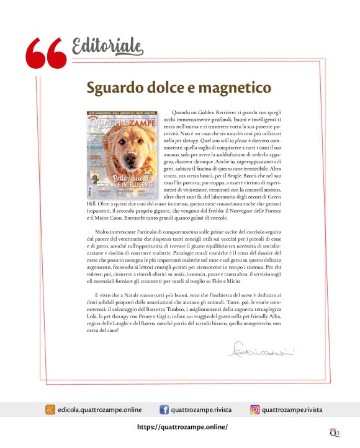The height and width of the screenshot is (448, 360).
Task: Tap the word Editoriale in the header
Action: click(107, 45)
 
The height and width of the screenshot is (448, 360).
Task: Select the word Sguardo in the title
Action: click(114, 87)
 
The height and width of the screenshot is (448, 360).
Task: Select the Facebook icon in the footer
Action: click(164, 410)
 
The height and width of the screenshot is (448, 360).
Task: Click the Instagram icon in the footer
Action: click(254, 410)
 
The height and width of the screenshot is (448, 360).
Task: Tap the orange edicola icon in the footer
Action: click(50, 410)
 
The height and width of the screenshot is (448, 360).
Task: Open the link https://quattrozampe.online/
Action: click(182, 427)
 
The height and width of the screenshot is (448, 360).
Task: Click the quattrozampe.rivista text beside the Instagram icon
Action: click(292, 410)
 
